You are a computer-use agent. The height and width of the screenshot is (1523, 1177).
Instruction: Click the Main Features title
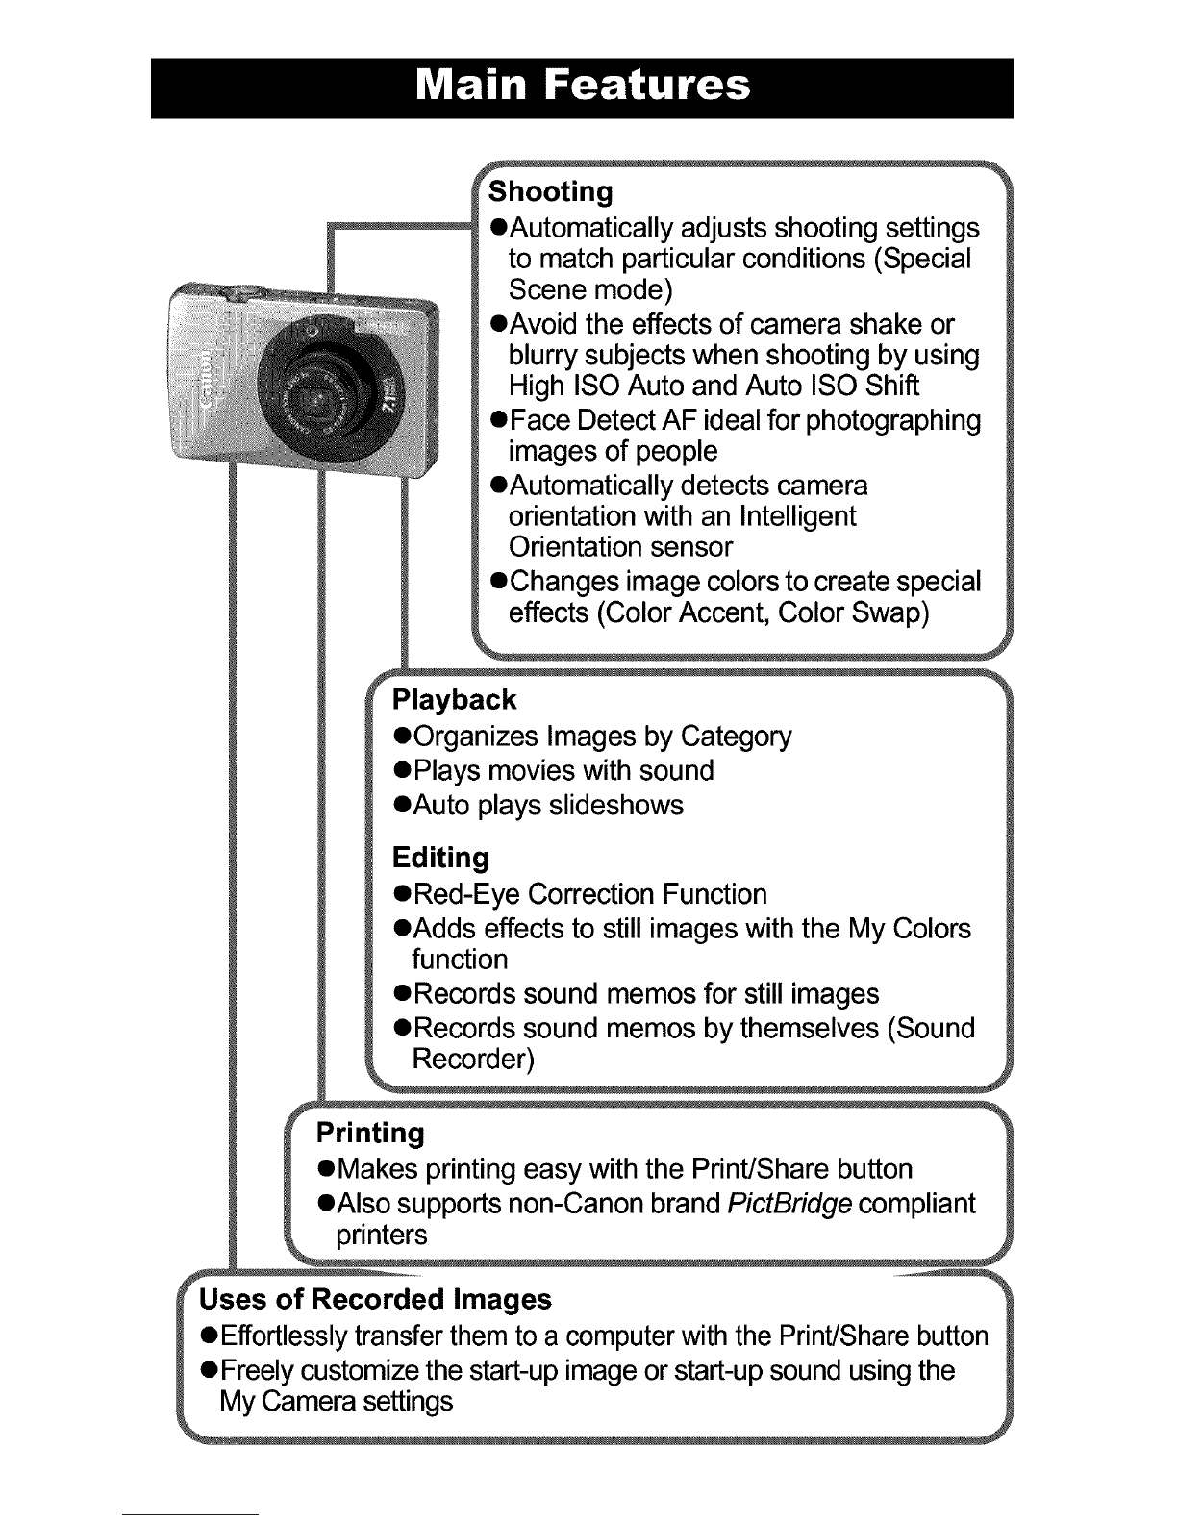pyautogui.click(x=582, y=87)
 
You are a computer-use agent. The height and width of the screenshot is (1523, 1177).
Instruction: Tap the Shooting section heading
pyautogui.click(x=550, y=191)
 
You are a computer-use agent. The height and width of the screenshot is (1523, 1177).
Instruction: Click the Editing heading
pyautogui.click(x=440, y=857)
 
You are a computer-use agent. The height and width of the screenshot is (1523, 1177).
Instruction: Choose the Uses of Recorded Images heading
pyautogui.click(x=375, y=1299)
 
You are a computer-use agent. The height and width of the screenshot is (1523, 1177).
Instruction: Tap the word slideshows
pyautogui.click(x=615, y=805)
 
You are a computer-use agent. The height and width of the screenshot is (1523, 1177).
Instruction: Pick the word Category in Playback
pyautogui.click(x=736, y=737)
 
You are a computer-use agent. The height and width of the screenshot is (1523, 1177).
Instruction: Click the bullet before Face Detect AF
pyautogui.click(x=498, y=421)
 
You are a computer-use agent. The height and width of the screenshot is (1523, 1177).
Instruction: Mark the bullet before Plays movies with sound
pyautogui.click(x=403, y=771)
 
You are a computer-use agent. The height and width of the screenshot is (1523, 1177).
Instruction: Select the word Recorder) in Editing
pyautogui.click(x=472, y=1059)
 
